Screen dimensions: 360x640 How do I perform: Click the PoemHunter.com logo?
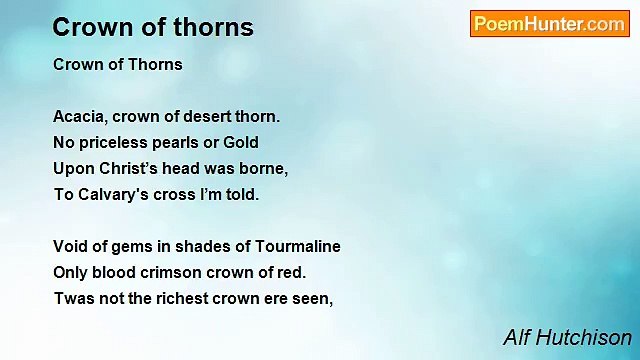coord(549,24)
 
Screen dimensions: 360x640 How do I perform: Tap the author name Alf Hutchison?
coord(567,337)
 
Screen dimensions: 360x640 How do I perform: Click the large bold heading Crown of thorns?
coord(153,27)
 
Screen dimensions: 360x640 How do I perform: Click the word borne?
coord(264,168)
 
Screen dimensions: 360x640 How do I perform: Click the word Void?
coord(70,246)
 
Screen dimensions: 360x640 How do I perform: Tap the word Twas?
coord(73,298)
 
